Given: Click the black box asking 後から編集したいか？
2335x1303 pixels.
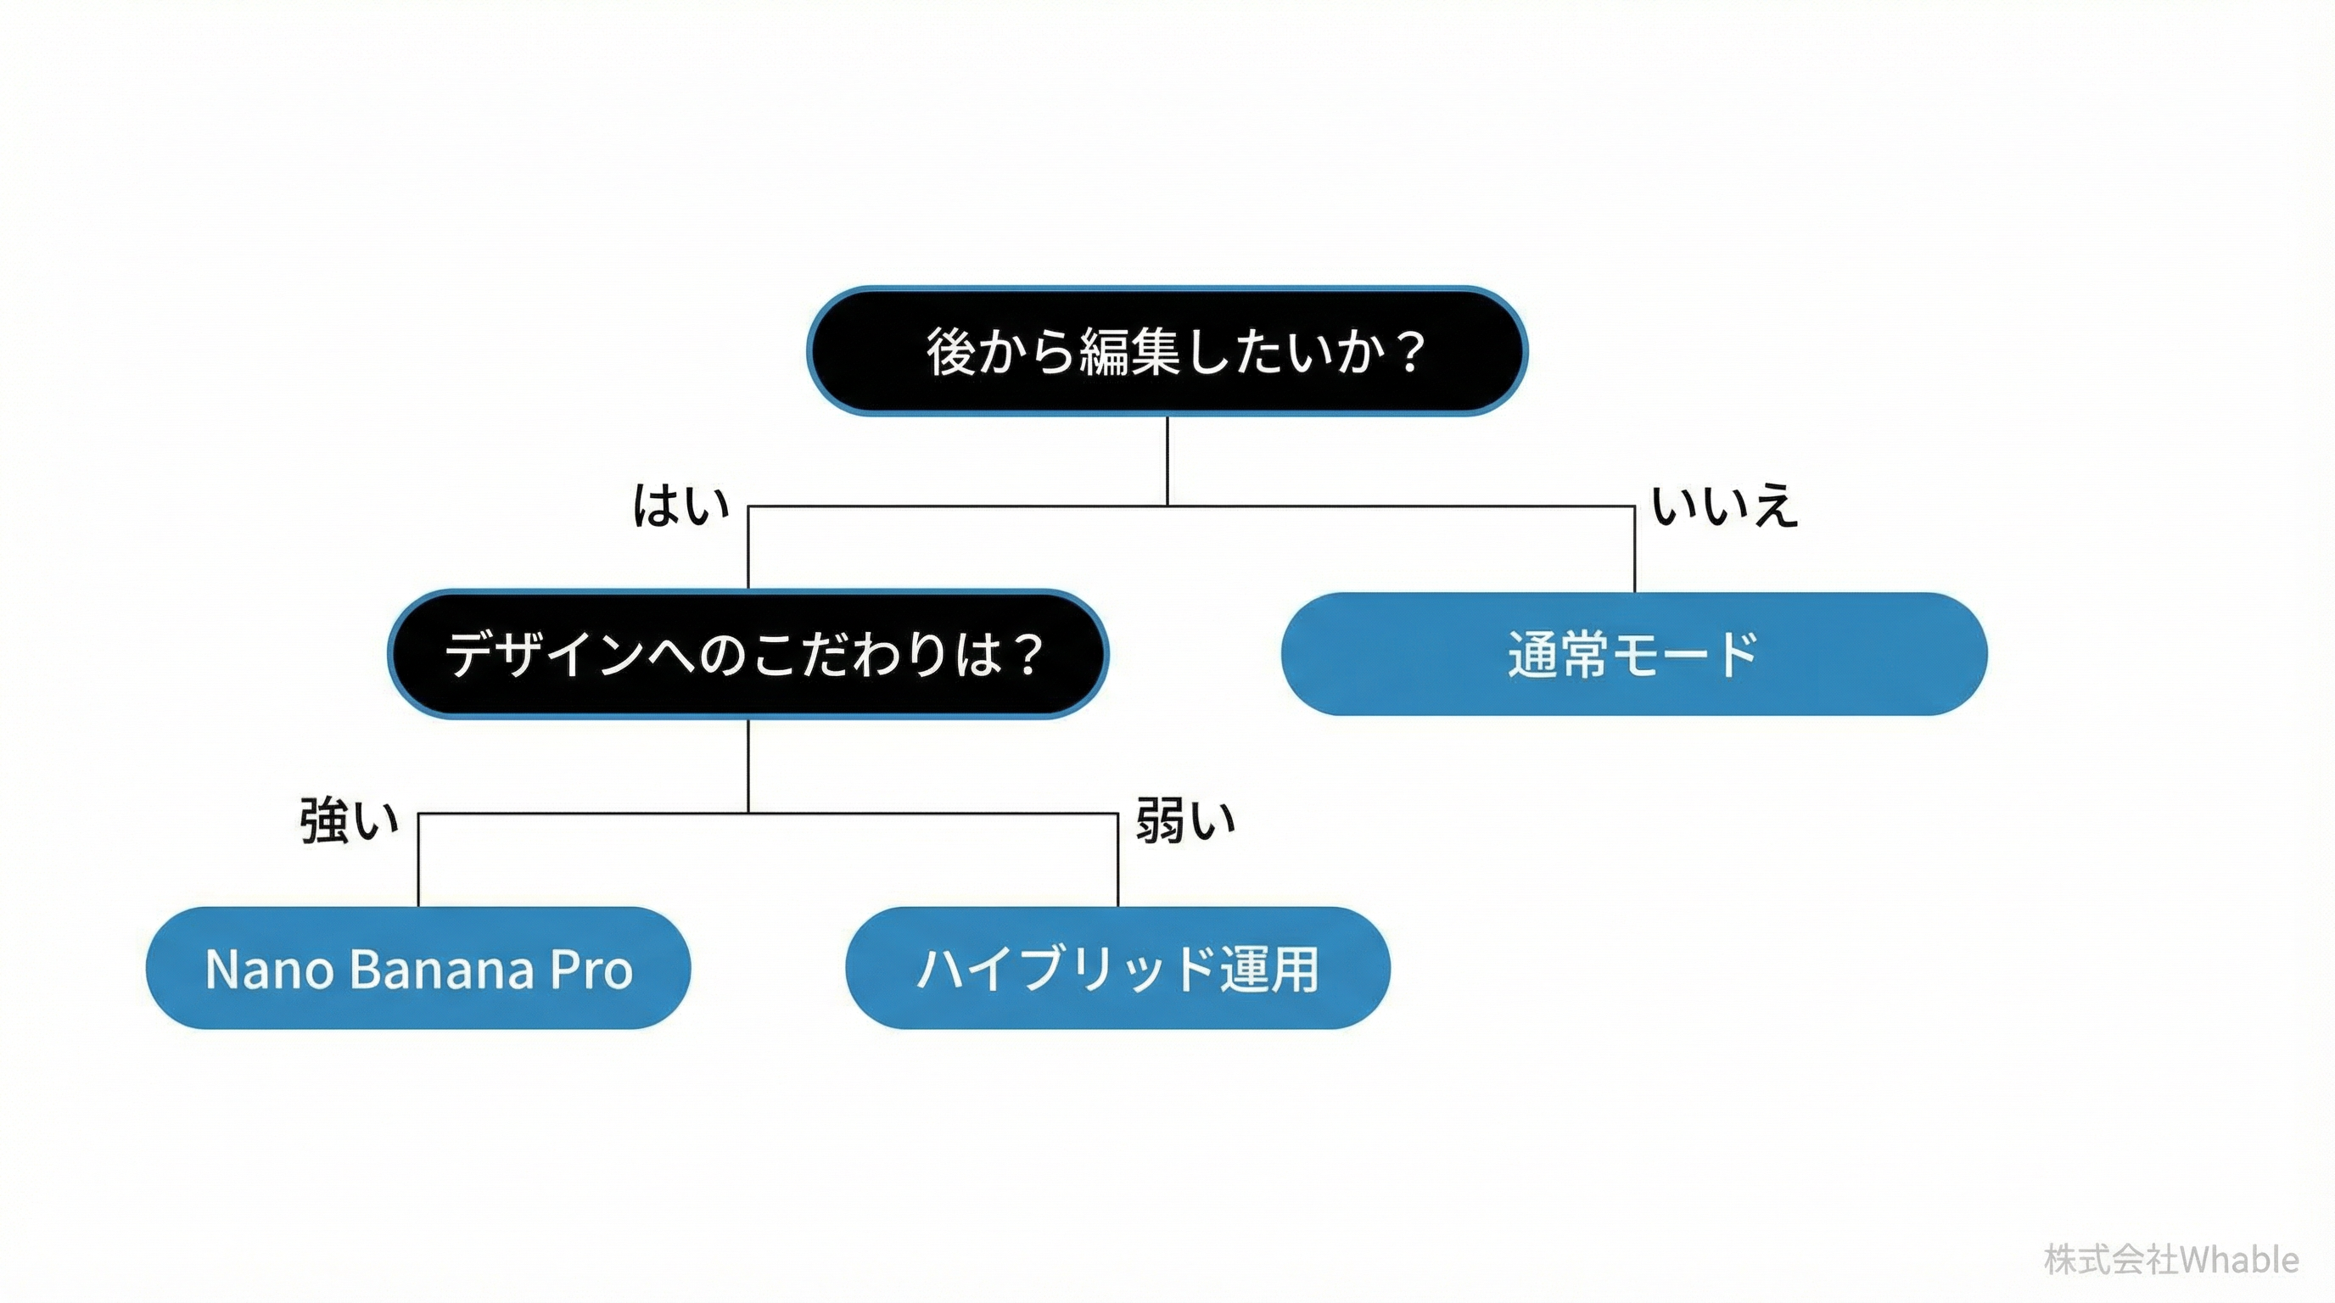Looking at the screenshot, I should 1167,350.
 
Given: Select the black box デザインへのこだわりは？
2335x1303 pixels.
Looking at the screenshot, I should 748,653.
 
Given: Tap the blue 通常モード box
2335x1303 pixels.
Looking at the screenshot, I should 1633,653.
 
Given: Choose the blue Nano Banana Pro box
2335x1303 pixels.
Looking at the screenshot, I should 417,968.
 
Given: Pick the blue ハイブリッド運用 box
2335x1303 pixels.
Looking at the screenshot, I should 1117,968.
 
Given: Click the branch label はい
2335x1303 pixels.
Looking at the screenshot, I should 680,506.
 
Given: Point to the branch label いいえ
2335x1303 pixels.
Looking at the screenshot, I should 1724,506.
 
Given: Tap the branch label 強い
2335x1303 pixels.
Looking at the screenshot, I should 349,821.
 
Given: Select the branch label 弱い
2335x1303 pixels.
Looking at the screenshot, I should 1185,821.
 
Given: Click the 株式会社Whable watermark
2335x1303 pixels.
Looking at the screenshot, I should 2171,1261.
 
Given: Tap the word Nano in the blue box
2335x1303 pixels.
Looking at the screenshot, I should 269,970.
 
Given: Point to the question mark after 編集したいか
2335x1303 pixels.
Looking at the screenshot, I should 1410,351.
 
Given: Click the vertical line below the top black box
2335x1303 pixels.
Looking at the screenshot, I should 1167,461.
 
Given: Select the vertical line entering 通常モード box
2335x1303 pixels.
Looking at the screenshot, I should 1634,549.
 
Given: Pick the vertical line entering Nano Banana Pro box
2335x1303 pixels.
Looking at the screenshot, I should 417,861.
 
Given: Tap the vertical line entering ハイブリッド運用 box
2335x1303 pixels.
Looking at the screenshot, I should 1117,861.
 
